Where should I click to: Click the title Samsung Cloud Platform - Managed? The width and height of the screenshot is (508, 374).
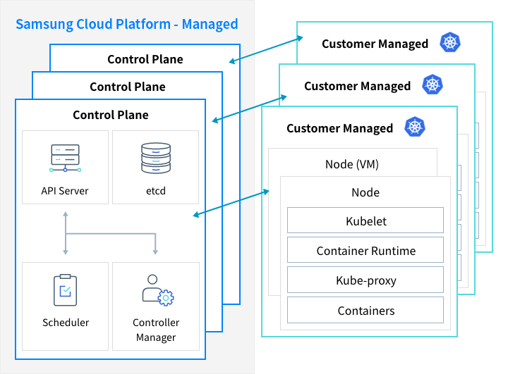tap(126, 25)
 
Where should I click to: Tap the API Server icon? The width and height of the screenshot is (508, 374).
tap(65, 159)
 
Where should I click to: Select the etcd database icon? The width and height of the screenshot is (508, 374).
tap(156, 158)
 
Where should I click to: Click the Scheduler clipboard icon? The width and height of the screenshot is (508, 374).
tap(65, 290)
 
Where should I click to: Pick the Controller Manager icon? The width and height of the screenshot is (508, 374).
tap(156, 289)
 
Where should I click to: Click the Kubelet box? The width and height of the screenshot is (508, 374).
tap(365, 220)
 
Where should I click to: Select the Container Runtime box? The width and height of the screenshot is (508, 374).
tap(365, 251)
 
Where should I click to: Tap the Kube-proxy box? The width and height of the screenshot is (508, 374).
tap(365, 280)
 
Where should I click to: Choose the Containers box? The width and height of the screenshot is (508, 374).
tap(365, 310)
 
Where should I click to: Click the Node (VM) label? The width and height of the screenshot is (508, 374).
tap(352, 164)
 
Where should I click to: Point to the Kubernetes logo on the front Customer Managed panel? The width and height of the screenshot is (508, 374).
tap(415, 127)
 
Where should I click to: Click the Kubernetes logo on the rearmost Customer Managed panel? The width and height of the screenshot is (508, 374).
tap(449, 42)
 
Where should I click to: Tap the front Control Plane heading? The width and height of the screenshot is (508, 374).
tap(111, 115)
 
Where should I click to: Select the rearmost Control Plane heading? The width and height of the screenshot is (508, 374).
tap(145, 59)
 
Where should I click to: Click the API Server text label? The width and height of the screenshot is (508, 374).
tap(65, 190)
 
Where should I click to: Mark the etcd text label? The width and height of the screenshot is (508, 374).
tap(156, 190)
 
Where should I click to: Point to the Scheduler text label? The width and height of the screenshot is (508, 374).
tap(66, 323)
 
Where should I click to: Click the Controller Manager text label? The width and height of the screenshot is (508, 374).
tap(156, 330)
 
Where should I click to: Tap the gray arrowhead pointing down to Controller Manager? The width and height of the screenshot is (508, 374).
tap(155, 251)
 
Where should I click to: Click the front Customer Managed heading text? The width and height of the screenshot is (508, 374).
tap(339, 128)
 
